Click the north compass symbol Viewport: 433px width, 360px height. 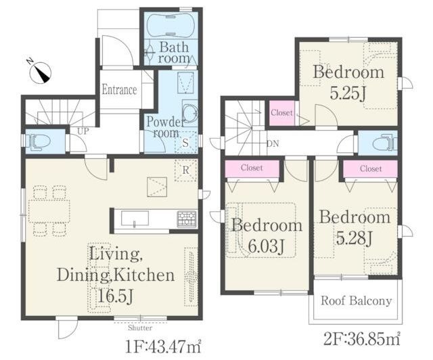click(x=40, y=72)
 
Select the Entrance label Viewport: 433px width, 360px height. click(x=119, y=90)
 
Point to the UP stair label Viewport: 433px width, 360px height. click(x=83, y=131)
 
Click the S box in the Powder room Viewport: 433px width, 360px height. click(x=186, y=142)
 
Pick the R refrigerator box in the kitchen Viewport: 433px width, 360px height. click(x=185, y=171)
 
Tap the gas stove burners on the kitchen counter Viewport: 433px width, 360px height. click(x=187, y=219)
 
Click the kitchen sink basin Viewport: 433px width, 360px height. click(x=135, y=219)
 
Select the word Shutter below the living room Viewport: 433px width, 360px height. click(x=140, y=328)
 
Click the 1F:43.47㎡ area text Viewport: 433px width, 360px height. click(x=163, y=346)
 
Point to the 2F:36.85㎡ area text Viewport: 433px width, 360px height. click(x=362, y=339)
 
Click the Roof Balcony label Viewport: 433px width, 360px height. click(x=357, y=300)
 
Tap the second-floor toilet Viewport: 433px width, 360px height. click(x=384, y=142)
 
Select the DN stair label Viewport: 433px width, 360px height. click(x=273, y=143)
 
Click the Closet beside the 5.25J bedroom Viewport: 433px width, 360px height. click(x=281, y=113)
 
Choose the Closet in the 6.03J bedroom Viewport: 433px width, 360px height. click(x=252, y=168)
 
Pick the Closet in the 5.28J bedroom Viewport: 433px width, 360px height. click(x=371, y=168)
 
